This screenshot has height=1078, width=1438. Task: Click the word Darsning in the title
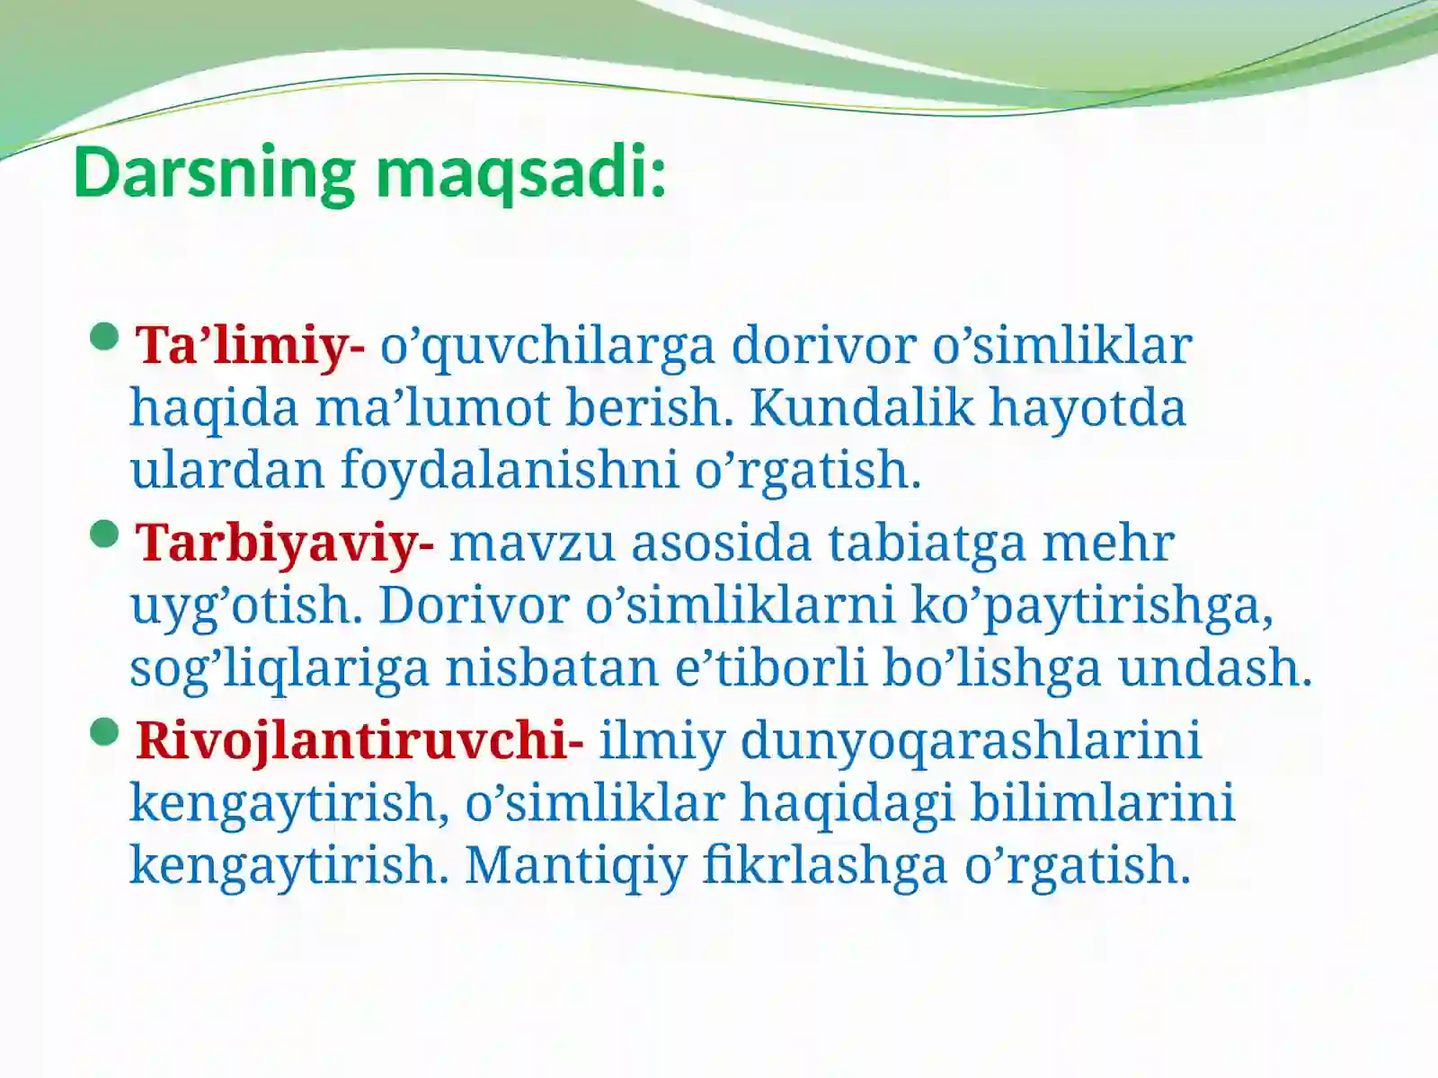pos(214,172)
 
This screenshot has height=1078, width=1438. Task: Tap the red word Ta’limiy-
pos(250,345)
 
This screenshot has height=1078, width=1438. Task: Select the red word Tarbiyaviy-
pos(285,543)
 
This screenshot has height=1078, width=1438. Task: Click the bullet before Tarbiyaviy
pos(105,535)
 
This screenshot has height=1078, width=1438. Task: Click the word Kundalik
pos(861,408)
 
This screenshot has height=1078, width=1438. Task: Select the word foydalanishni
pos(509,470)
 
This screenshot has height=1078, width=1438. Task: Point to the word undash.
pos(1215,668)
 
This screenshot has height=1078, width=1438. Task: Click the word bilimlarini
pos(1102,803)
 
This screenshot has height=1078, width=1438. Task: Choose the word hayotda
pos(1087,408)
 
